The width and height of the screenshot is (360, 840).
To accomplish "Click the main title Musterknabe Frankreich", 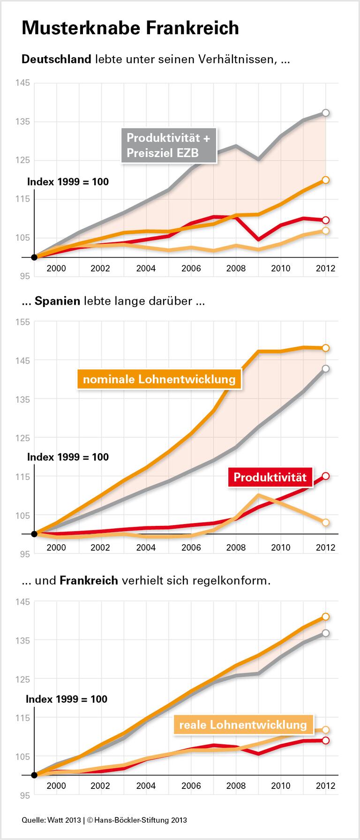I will click(x=130, y=28).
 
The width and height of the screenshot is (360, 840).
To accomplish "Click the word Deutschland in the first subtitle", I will click(x=56, y=60).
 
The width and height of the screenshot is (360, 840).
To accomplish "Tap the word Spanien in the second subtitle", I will click(x=57, y=301).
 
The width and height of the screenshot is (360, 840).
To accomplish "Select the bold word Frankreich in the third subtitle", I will click(x=89, y=580).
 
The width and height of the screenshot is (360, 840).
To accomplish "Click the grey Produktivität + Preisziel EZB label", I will click(x=169, y=145).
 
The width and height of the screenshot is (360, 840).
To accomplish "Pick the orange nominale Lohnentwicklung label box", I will click(x=159, y=379).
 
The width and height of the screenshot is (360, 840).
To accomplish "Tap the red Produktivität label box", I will click(x=270, y=477).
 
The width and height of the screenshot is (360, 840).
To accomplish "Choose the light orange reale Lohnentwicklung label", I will click(x=243, y=725).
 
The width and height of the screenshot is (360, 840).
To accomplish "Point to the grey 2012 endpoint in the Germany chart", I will click(x=326, y=113).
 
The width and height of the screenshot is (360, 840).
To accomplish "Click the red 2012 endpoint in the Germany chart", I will click(x=326, y=220).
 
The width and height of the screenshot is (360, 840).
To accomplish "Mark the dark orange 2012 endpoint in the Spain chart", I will click(x=326, y=348).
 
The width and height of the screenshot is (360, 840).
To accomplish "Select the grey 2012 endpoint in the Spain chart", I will click(x=326, y=369).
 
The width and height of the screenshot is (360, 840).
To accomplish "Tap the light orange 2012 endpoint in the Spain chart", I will click(x=326, y=522).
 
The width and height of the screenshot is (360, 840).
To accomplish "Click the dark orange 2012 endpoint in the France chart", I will click(x=326, y=617).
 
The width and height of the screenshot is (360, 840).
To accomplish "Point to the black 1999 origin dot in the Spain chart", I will click(x=34, y=534).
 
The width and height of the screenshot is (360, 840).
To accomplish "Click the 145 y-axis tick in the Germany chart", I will click(x=22, y=83).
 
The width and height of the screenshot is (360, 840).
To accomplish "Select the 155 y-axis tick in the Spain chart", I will click(x=22, y=322).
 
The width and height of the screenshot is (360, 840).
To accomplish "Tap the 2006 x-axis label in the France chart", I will click(x=191, y=786).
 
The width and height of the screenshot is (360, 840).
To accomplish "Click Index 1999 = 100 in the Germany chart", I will click(x=68, y=182).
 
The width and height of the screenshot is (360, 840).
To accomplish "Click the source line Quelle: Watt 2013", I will click(x=52, y=820).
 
